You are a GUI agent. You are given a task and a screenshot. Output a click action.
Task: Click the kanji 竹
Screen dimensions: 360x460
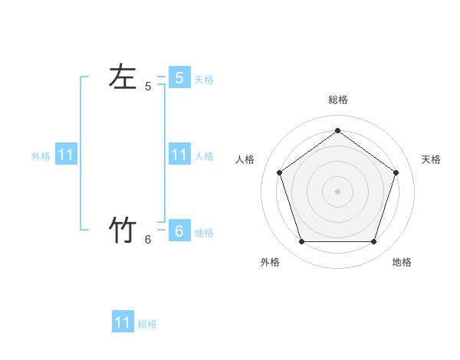(123, 230)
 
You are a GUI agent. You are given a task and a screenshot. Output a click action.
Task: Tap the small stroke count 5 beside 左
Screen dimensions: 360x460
(148, 87)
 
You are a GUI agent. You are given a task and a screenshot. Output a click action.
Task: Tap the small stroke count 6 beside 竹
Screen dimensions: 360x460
(148, 240)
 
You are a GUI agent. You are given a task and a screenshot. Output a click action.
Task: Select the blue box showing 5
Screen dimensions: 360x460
(179, 77)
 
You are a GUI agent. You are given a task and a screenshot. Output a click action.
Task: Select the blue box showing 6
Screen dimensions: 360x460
(179, 231)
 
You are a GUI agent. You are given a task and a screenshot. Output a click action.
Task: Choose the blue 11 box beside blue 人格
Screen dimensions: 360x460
(179, 155)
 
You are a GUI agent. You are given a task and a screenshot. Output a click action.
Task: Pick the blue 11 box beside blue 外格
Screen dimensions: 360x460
(66, 155)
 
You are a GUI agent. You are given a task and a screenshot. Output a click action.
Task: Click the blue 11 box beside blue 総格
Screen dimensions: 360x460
(123, 322)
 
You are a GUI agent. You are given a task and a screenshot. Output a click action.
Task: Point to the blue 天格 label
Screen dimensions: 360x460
(204, 79)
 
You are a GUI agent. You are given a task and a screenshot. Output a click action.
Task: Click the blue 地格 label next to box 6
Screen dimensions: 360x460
(204, 233)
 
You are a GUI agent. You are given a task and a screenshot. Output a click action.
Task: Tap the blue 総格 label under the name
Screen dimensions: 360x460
(147, 324)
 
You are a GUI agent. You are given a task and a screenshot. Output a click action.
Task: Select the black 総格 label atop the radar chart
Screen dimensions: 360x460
(337, 100)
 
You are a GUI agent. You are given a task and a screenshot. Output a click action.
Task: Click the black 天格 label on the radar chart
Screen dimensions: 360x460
(431, 159)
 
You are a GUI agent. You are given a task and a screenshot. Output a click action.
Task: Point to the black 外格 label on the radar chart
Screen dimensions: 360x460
(270, 263)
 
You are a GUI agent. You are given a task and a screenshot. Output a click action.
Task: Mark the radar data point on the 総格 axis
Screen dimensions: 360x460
(337, 131)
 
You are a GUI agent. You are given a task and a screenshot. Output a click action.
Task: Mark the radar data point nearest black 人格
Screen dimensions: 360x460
(279, 172)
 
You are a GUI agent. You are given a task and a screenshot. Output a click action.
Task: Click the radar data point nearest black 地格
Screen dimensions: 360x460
(373, 241)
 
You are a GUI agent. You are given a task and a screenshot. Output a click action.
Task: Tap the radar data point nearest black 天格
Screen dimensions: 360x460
(396, 172)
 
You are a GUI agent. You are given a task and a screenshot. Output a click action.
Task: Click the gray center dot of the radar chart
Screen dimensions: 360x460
(337, 191)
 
